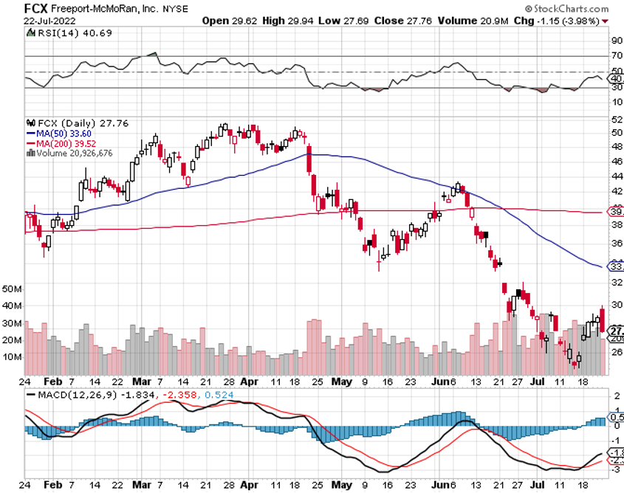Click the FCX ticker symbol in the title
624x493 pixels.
tap(37, 8)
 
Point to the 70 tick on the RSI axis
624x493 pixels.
tap(616, 56)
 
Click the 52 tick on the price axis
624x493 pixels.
tap(616, 120)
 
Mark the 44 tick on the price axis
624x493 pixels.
tap(616, 177)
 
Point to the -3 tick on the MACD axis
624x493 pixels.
tap(615, 469)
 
